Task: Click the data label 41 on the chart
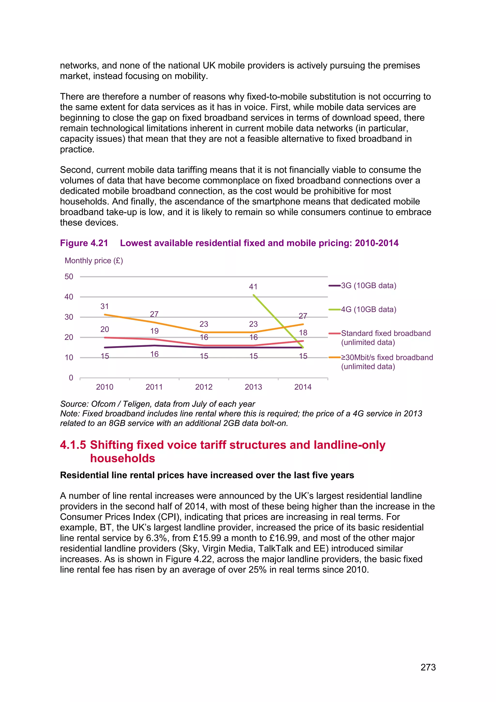pyautogui.click(x=253, y=287)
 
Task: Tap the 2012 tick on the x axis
pyautogui.click(x=204, y=387)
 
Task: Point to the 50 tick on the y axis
pyautogui.click(x=69, y=277)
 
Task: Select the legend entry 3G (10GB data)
pyautogui.click(x=368, y=286)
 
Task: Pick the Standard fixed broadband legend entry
pyautogui.click(x=386, y=338)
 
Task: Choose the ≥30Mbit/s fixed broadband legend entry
pyautogui.click(x=387, y=362)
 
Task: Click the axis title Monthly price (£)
pyautogui.click(x=94, y=261)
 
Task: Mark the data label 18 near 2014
pyautogui.click(x=303, y=333)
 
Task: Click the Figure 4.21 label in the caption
pyautogui.click(x=84, y=243)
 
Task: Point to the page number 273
pyautogui.click(x=428, y=667)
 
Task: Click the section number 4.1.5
pyautogui.click(x=73, y=445)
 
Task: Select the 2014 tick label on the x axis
pyautogui.click(x=303, y=387)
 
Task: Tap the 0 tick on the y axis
pyautogui.click(x=71, y=378)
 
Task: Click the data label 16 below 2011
pyautogui.click(x=154, y=354)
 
